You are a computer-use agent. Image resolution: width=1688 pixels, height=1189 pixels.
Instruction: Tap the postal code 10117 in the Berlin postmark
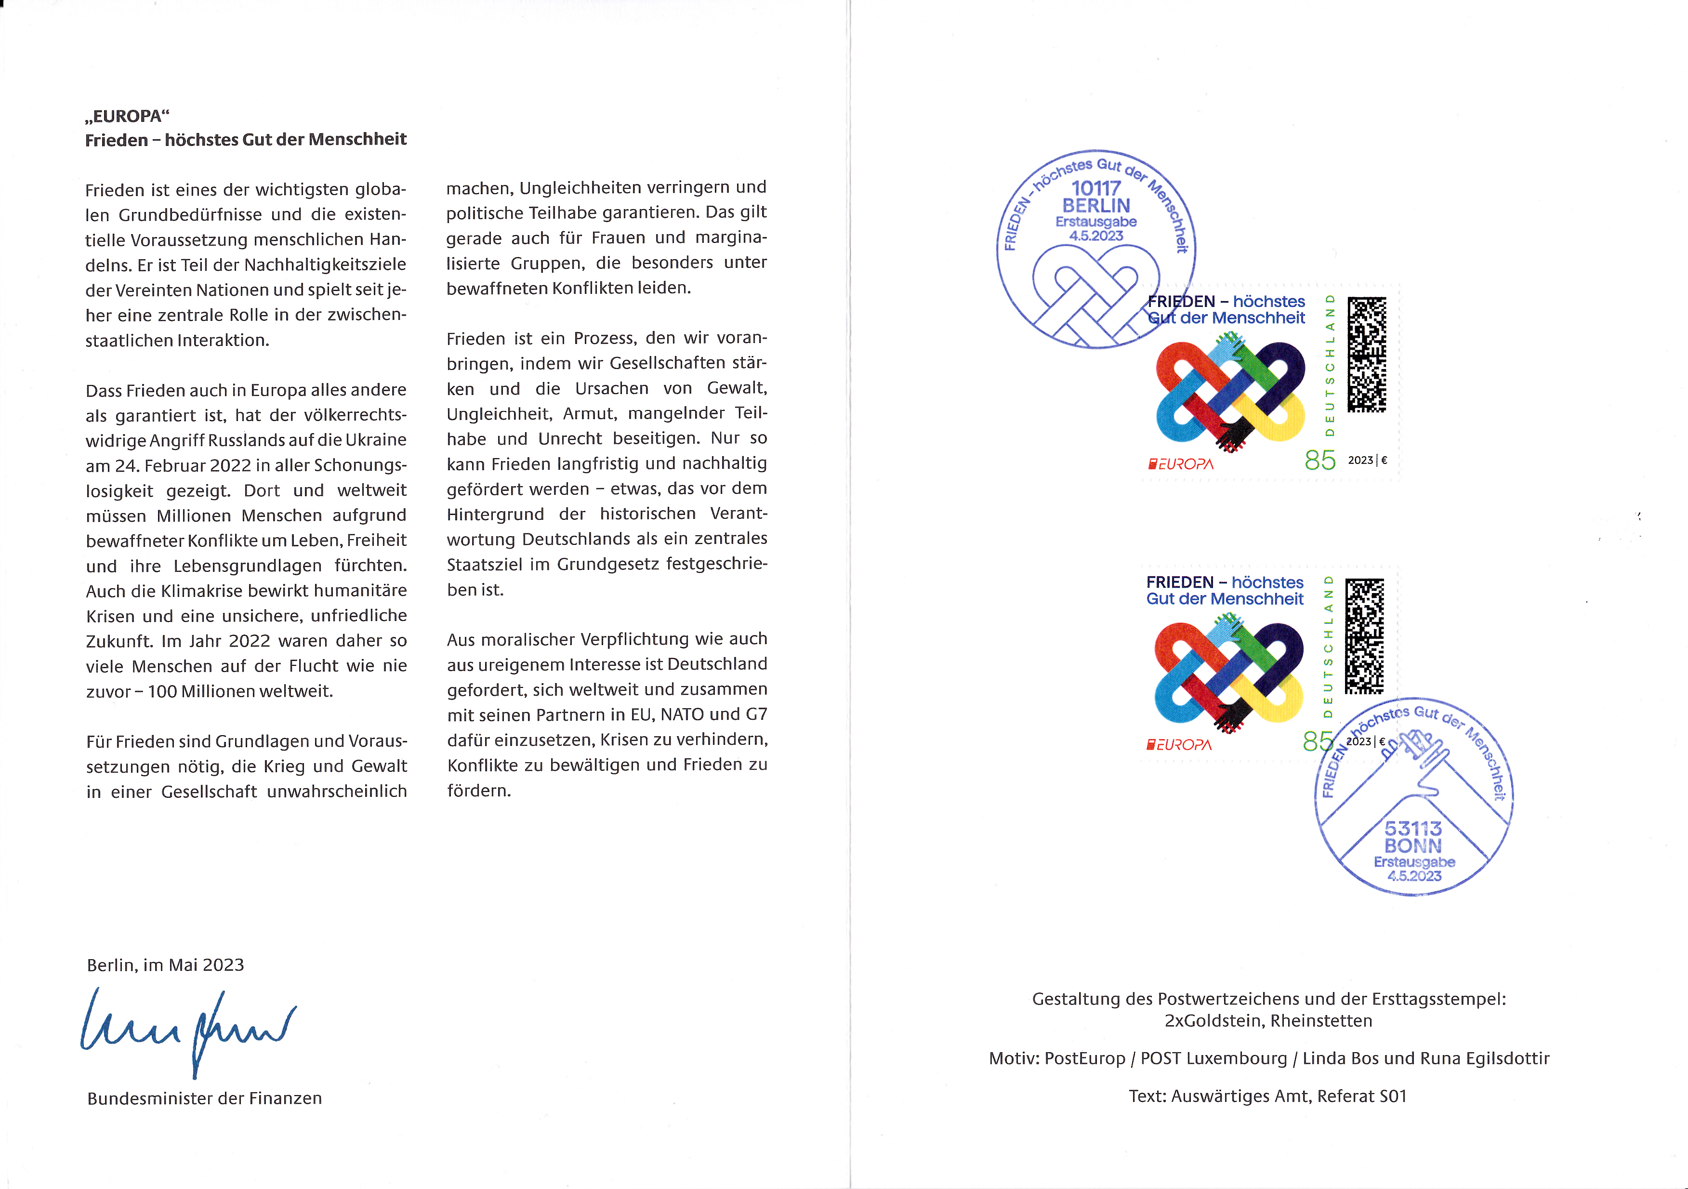1095,188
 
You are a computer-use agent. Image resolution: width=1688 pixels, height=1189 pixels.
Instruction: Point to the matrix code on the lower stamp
1365,636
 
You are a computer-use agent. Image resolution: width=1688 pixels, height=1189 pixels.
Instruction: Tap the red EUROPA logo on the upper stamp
1181,464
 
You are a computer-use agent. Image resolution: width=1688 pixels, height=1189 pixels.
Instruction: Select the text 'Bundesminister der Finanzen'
204,1098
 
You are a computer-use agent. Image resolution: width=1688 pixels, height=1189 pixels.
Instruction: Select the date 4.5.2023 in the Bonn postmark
1414,876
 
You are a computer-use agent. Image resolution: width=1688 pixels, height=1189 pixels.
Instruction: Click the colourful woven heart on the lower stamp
1228,673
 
